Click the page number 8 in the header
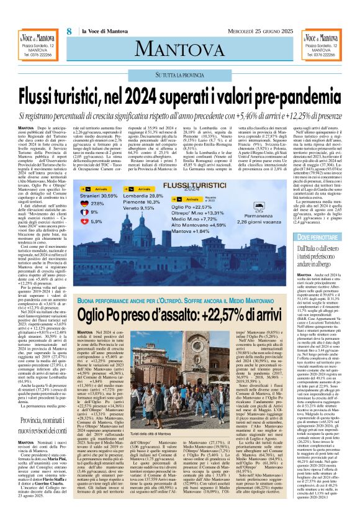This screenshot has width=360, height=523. click(68, 32)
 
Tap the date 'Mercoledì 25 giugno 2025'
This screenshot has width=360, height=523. click(261, 32)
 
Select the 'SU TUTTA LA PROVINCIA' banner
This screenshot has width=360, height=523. click(179, 75)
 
